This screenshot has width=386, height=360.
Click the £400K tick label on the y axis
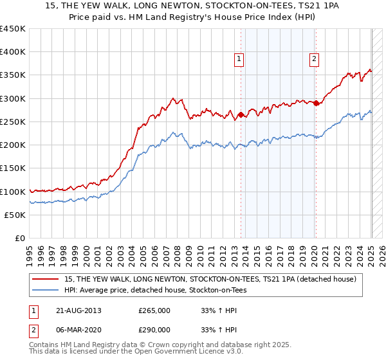click(x=13, y=52)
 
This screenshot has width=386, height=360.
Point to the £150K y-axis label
click(x=13, y=168)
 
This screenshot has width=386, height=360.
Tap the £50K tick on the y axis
click(x=15, y=215)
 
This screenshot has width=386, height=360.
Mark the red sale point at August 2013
click(x=241, y=115)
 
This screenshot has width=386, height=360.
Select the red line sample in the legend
click(x=46, y=280)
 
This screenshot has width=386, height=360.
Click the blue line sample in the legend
click(x=46, y=290)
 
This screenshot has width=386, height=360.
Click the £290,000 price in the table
click(x=154, y=329)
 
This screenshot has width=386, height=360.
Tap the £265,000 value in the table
click(x=154, y=310)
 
